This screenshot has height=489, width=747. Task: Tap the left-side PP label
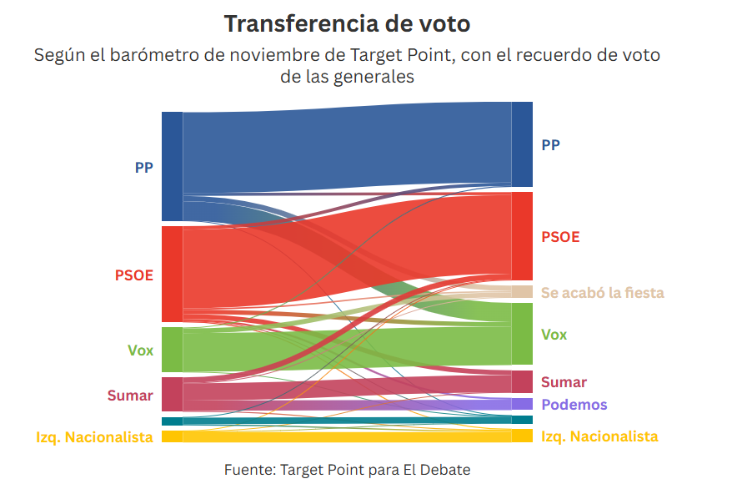[x=143, y=167]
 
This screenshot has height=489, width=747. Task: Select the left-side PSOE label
[x=134, y=275]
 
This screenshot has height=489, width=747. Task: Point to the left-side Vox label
[x=141, y=350]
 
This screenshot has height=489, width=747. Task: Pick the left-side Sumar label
[x=130, y=395]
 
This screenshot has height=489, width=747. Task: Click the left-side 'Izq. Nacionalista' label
[x=94, y=436]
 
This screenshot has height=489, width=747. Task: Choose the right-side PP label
[x=550, y=144]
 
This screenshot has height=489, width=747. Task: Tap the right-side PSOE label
[x=560, y=237]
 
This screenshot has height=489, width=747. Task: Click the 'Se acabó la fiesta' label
[x=602, y=292]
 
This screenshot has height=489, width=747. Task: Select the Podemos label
[x=574, y=405]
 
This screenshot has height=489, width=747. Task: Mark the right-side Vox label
[x=554, y=335]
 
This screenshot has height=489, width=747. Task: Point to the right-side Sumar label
[x=564, y=382]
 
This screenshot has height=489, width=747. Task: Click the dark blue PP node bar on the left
[x=172, y=166]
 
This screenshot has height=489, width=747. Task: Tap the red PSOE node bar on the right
[x=522, y=235]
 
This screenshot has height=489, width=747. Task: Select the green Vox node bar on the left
[x=172, y=350]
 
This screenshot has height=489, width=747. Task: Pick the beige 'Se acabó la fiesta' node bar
[x=522, y=291]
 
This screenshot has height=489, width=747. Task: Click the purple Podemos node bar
[x=522, y=404]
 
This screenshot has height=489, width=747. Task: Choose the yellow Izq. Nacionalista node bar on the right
[x=522, y=436]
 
